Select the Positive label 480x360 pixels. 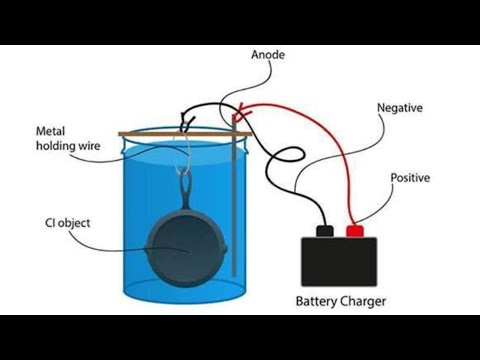[410, 178]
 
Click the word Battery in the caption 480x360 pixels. [321, 300]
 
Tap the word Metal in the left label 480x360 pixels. [52, 131]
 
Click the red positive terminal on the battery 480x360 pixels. [353, 231]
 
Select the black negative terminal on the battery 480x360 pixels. [323, 231]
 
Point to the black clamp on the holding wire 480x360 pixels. [186, 123]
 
